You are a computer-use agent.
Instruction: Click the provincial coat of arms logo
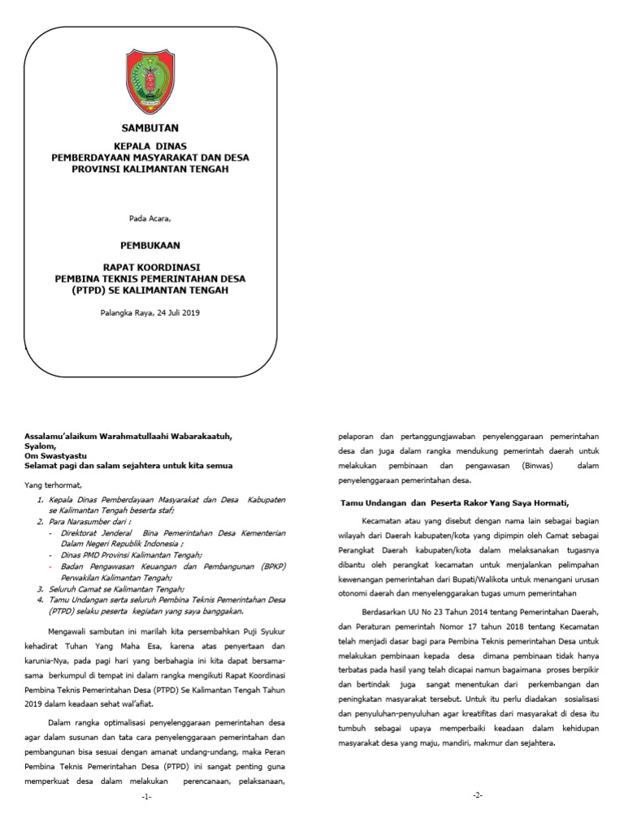tap(149, 82)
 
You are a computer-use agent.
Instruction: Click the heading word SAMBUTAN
tap(149, 128)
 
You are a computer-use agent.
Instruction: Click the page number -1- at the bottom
tap(146, 797)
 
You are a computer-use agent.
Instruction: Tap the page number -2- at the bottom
tap(478, 794)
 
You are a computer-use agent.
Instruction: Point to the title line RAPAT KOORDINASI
tap(150, 267)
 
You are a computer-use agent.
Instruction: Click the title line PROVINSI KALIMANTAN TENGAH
tap(149, 170)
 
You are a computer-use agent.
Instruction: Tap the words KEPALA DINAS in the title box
tap(149, 147)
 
